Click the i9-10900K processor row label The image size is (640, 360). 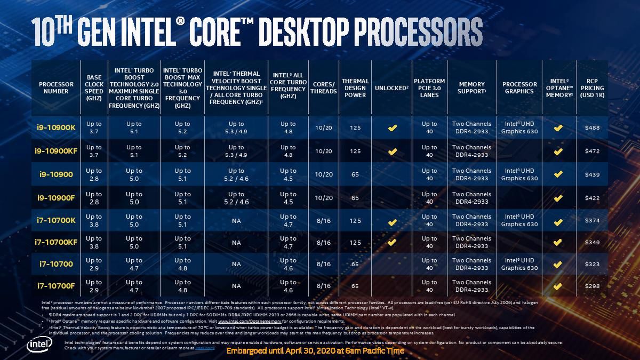[56, 128]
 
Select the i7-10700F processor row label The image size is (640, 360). [55, 286]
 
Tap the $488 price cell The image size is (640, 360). [592, 128]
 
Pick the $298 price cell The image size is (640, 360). [592, 286]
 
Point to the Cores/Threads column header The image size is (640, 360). [324, 88]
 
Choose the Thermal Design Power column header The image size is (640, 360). [355, 88]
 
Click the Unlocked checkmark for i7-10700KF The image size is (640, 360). [392, 242]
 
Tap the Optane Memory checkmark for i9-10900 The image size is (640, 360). [558, 174]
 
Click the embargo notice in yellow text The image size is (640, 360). [315, 351]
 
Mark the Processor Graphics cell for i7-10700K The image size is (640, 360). [519, 220]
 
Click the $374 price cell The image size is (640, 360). [592, 221]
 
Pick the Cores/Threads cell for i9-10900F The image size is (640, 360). [324, 198]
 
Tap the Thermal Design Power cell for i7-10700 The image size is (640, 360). [355, 264]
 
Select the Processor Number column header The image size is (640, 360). [56, 88]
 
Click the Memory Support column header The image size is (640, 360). [471, 88]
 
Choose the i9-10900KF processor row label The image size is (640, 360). [56, 151]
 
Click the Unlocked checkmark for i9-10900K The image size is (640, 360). [392, 128]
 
